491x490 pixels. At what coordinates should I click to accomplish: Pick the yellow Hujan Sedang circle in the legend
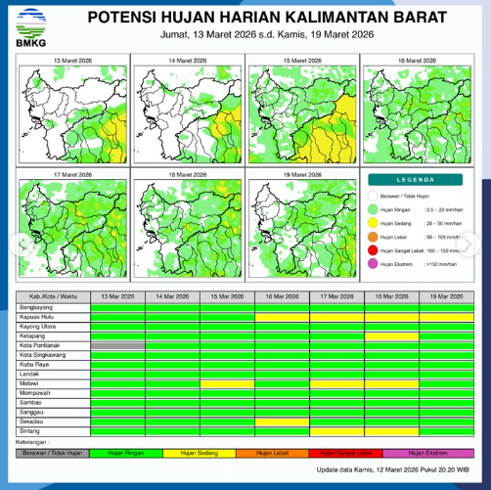pos(374,223)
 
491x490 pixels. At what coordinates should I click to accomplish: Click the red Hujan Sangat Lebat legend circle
pos(374,250)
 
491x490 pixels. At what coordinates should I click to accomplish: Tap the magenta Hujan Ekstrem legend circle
pos(374,264)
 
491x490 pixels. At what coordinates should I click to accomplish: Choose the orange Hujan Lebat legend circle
pos(374,237)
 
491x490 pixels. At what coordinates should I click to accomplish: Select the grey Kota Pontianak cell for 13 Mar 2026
pos(117,345)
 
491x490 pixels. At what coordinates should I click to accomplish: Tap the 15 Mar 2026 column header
pos(227,296)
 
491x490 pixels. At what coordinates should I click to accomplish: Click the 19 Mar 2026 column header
pos(446,296)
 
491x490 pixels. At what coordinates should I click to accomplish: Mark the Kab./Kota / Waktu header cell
pos(52,296)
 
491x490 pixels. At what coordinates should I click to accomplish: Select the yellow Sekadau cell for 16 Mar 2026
pos(282,422)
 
